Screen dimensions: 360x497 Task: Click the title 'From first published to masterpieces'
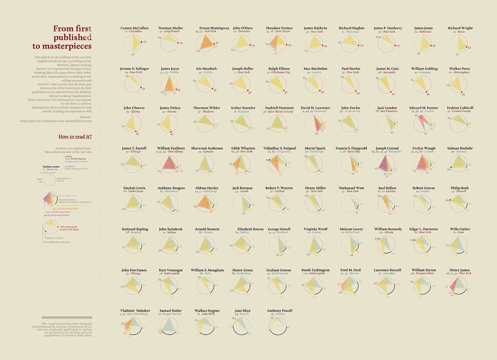click(x=72, y=37)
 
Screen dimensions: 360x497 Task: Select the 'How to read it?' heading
click(x=75, y=136)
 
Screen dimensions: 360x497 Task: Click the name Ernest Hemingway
click(x=214, y=28)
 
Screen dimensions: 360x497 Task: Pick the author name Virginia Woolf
click(x=316, y=229)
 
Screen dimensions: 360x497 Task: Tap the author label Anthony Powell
click(x=280, y=310)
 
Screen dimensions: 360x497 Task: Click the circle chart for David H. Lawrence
click(x=315, y=124)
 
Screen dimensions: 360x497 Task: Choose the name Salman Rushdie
click(x=460, y=148)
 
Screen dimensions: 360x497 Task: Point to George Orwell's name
click(x=279, y=229)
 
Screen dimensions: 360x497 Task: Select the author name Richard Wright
click(x=460, y=28)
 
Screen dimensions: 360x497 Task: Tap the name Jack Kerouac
click(x=243, y=188)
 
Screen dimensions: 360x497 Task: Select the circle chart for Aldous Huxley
click(x=205, y=205)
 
